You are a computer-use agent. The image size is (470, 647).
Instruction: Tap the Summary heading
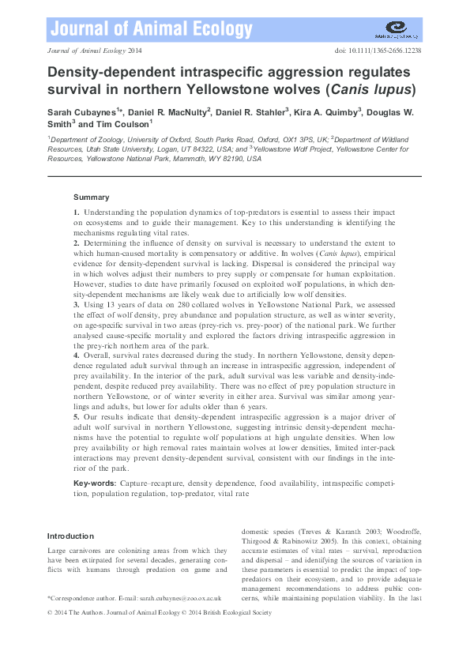pos(91,197)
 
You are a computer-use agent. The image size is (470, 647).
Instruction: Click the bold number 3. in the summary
pos(77,303)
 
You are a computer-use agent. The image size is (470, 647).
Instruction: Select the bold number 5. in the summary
pos(77,415)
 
